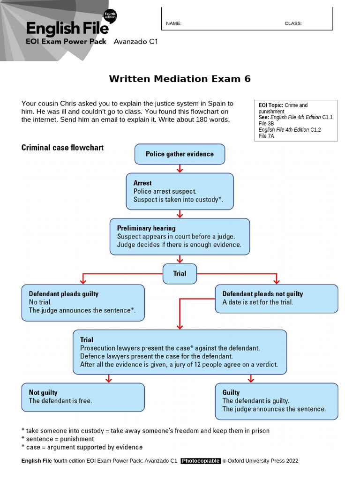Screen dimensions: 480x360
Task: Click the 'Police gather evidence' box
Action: (180, 154)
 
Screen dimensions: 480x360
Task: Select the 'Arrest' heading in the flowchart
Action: (142, 183)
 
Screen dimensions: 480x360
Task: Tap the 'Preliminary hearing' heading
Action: (146, 228)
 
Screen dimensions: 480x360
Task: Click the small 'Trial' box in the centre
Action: (180, 273)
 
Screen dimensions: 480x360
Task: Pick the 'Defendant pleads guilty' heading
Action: (64, 294)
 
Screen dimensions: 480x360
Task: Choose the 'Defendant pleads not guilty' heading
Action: (262, 294)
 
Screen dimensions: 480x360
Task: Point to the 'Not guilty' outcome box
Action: (83, 397)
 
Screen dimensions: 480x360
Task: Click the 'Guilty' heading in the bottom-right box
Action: (231, 392)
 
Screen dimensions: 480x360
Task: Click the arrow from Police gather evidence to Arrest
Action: (180, 169)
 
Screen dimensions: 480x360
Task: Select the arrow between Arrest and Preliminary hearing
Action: (180, 214)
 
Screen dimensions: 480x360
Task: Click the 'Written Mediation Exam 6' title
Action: (180, 79)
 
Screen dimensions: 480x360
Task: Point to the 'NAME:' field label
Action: (173, 23)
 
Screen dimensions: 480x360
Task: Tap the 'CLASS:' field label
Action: (293, 23)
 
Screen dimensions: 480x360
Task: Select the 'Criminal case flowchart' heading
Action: (62, 148)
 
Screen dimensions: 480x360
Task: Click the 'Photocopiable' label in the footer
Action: (201, 461)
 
